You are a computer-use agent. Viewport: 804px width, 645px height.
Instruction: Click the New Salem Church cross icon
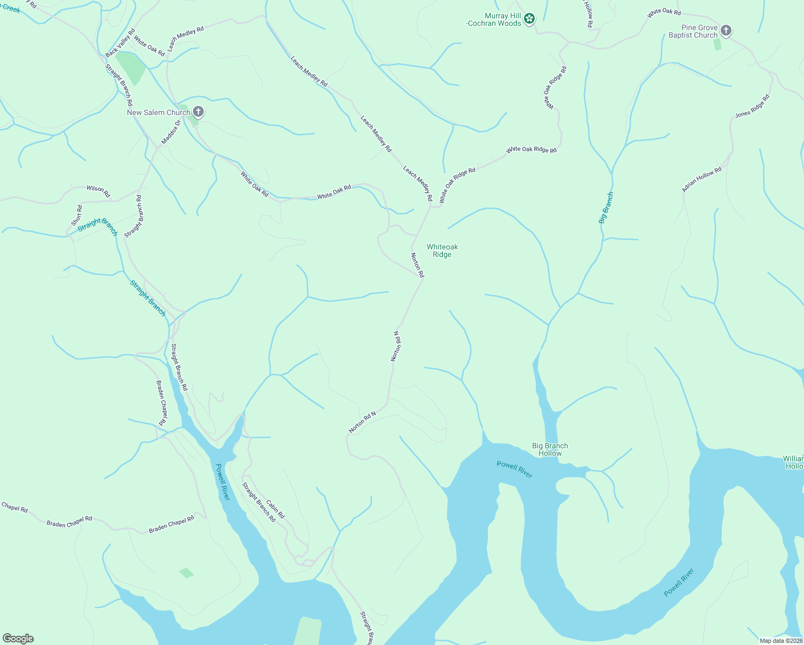198,112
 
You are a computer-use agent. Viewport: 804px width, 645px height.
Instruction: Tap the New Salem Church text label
159,112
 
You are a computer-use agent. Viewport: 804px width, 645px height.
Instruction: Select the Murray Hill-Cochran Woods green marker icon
529,19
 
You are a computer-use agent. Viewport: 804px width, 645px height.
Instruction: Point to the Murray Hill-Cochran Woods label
494,20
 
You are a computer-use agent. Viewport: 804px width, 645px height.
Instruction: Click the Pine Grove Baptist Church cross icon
726,31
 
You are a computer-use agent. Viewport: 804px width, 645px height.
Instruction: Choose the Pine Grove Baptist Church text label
693,32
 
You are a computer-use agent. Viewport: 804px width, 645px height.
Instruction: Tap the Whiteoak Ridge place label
442,251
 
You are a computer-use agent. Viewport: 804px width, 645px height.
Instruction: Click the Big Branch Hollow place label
550,450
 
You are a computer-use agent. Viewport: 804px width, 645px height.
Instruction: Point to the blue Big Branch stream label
606,208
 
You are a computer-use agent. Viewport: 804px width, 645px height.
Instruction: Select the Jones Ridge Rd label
752,106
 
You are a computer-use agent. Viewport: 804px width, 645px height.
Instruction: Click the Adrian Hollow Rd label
701,180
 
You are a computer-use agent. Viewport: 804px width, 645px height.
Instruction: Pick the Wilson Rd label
98,191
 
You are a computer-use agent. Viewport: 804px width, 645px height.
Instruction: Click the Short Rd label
77,216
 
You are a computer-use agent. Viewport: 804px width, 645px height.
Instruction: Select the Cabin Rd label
276,508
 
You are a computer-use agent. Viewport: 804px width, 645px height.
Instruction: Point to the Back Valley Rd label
120,44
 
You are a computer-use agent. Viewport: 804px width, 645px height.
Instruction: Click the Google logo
18,639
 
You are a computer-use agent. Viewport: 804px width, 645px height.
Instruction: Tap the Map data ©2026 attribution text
780,641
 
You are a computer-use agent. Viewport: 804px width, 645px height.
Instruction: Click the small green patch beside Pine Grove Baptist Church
717,45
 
